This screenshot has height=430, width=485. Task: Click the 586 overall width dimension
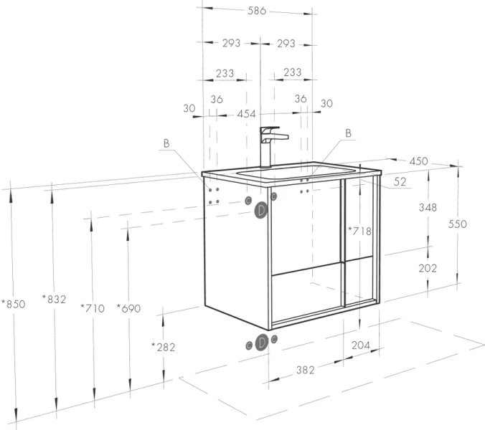tap(257, 11)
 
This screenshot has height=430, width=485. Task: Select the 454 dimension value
tap(247, 114)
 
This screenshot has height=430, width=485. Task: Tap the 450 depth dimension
tap(418, 161)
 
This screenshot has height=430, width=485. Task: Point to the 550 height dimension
tap(458, 224)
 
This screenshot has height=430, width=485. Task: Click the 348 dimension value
tap(428, 207)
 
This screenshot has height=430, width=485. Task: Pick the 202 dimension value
tap(428, 268)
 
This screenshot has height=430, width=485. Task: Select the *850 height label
tap(14, 304)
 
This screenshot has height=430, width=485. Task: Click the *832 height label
tap(54, 299)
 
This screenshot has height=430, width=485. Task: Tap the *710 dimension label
tap(93, 308)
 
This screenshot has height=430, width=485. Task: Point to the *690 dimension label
tap(128, 308)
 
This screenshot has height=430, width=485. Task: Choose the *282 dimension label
tap(163, 347)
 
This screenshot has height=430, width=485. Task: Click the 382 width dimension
tap(306, 370)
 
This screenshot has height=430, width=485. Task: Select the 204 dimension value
tap(361, 345)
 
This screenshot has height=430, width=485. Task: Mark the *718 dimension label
tap(359, 231)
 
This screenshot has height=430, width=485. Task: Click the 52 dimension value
tap(400, 181)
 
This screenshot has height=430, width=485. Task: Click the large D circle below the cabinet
tap(262, 343)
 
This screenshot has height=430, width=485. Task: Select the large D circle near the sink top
tap(261, 211)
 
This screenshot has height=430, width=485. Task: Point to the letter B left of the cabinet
tap(166, 143)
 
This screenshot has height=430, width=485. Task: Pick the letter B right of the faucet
tap(348, 133)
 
